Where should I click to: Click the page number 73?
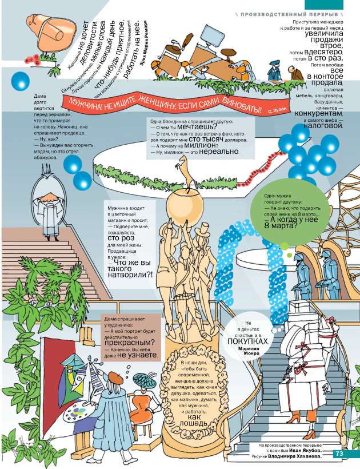click(x=338, y=454)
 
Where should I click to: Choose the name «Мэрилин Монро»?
click(x=247, y=351)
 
